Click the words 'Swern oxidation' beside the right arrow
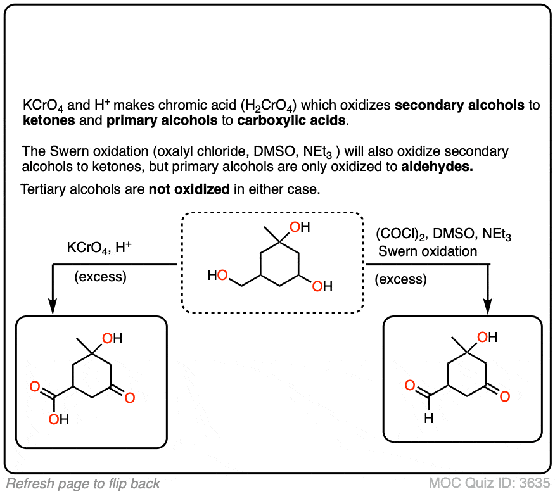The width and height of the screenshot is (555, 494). pos(428,251)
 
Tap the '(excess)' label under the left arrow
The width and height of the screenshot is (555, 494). pos(99,277)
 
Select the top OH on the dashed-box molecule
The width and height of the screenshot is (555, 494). pos(299,227)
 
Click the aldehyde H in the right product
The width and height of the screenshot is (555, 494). pos(428,418)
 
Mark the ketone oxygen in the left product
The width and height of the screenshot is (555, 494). pos(129,398)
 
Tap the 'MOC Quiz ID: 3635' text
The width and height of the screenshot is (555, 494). pos(490,483)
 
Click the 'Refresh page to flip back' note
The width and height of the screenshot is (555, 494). pos(83,484)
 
